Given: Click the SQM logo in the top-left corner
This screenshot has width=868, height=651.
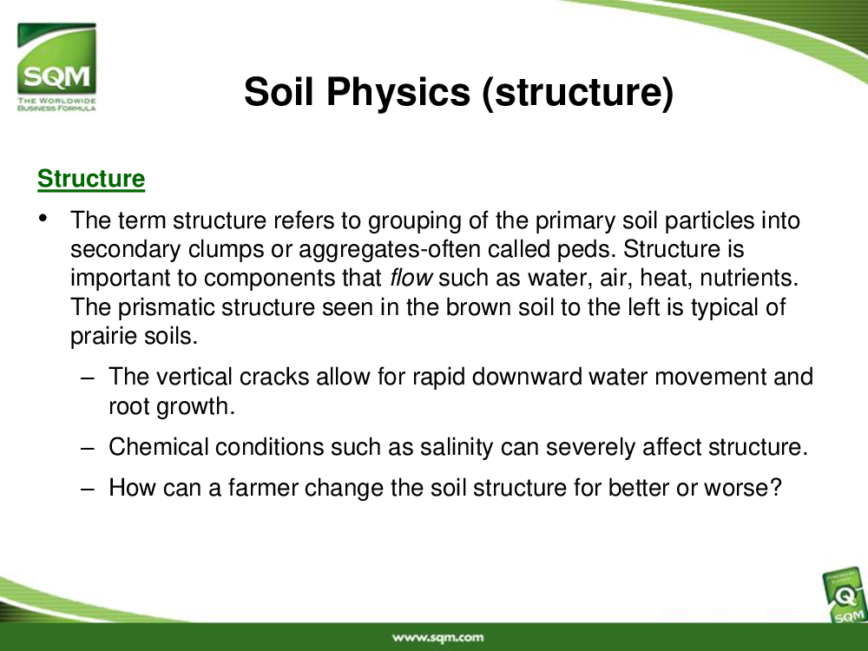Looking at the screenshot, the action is click(x=56, y=67).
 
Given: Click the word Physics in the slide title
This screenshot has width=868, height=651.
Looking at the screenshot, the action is click(x=398, y=92).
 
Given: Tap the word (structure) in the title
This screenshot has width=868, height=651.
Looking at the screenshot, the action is click(x=578, y=92).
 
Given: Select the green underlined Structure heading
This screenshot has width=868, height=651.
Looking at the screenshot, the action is click(x=91, y=179).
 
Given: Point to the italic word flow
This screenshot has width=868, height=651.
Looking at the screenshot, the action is click(x=411, y=278).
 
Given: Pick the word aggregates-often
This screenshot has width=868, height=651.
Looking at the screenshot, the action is click(x=390, y=249).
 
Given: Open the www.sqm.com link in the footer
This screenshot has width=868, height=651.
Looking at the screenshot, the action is click(x=437, y=638).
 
